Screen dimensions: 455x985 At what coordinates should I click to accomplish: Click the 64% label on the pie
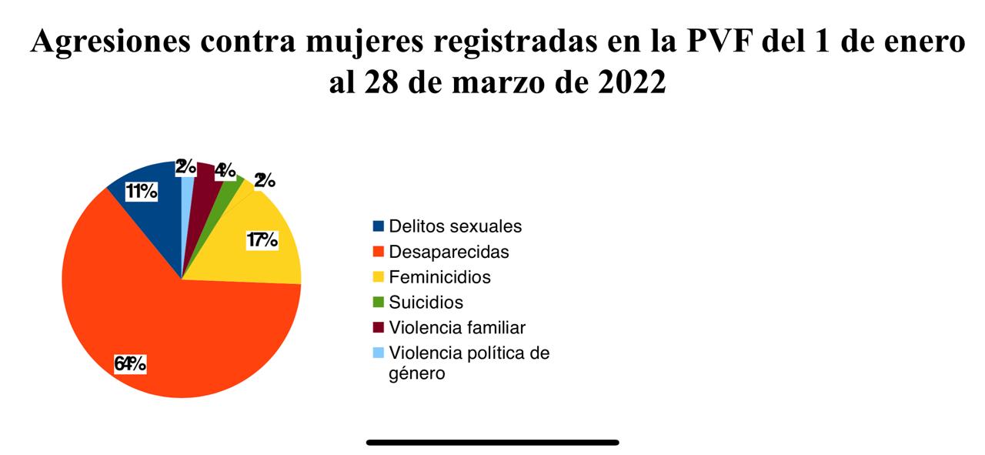(x=130, y=363)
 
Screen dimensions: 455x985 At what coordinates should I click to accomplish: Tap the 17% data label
(x=262, y=240)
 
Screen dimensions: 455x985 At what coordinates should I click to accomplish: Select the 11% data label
(x=142, y=192)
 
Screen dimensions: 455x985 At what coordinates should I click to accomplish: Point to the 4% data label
(x=225, y=170)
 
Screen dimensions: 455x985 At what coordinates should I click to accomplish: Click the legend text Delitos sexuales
(x=455, y=226)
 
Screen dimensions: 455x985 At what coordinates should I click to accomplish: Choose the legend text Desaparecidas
(x=449, y=252)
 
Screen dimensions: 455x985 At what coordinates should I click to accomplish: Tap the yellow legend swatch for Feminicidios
(x=378, y=277)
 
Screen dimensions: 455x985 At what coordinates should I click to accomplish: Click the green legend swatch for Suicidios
(x=378, y=303)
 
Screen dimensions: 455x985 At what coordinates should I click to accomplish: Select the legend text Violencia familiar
(x=457, y=327)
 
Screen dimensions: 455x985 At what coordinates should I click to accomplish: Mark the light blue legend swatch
(x=378, y=353)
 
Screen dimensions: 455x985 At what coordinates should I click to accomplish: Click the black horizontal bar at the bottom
(x=492, y=443)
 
